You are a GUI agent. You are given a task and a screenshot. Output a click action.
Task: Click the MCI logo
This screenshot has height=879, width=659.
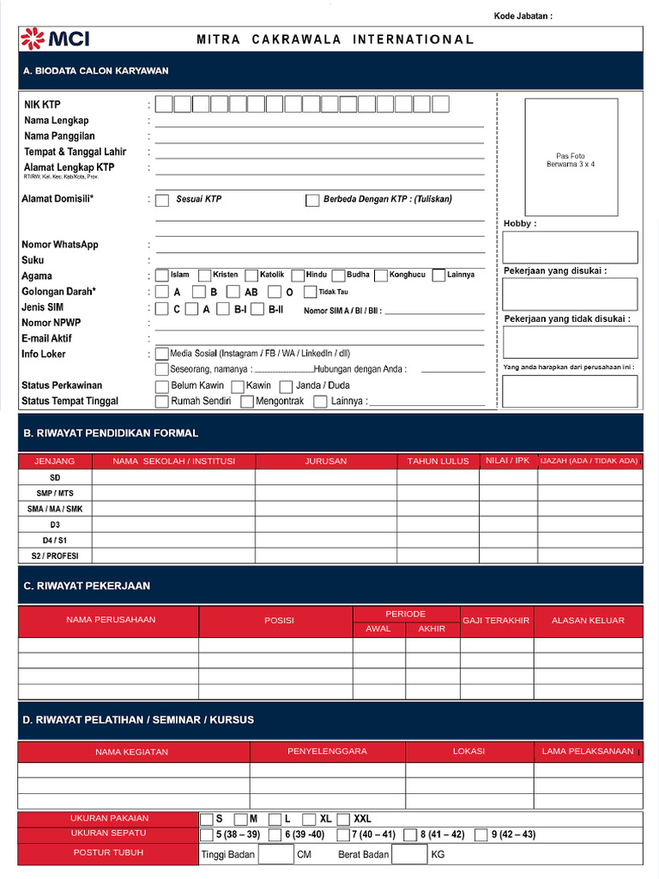[x=55, y=39]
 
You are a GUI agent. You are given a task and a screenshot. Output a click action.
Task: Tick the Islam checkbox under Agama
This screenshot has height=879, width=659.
[x=162, y=276]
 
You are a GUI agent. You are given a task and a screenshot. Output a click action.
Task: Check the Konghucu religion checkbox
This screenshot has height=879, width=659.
[x=381, y=276]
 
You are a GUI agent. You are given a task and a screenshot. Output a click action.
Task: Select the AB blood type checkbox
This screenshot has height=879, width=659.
[x=233, y=292]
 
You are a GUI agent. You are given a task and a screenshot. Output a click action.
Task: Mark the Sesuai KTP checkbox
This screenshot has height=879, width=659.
[x=162, y=200]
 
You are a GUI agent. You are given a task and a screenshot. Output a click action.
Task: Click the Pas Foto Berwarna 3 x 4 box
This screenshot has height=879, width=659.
[x=571, y=157]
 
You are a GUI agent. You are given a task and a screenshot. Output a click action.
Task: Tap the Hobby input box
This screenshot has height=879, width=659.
[x=570, y=247]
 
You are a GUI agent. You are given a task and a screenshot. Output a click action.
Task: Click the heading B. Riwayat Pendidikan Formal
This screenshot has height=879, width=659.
[x=111, y=433]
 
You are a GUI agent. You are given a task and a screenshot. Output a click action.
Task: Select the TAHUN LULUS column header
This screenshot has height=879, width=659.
[x=438, y=461]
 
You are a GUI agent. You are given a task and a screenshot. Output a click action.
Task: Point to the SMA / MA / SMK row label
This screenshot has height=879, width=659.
[x=55, y=509]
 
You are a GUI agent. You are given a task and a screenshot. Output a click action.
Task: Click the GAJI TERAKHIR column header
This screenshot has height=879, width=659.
[x=496, y=621]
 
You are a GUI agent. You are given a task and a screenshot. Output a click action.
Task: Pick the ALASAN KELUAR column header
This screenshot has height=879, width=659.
[x=588, y=621]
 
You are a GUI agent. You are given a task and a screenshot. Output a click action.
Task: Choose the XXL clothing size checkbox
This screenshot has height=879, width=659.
[x=344, y=819]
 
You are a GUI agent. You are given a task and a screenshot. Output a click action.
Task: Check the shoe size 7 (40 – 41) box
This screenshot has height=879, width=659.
[x=343, y=835]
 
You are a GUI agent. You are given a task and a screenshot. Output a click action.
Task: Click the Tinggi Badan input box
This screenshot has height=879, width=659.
[x=275, y=854]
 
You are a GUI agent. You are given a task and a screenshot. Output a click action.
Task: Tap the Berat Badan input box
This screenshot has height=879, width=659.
[x=408, y=854]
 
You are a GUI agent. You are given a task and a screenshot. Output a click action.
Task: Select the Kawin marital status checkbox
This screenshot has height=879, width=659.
[x=238, y=386]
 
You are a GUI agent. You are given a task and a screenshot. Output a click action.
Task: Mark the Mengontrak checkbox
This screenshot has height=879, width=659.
[x=247, y=402]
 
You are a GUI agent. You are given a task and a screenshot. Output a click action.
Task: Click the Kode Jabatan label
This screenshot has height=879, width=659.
[x=523, y=16]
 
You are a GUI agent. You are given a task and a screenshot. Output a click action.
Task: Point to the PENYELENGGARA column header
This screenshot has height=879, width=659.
[x=327, y=751]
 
